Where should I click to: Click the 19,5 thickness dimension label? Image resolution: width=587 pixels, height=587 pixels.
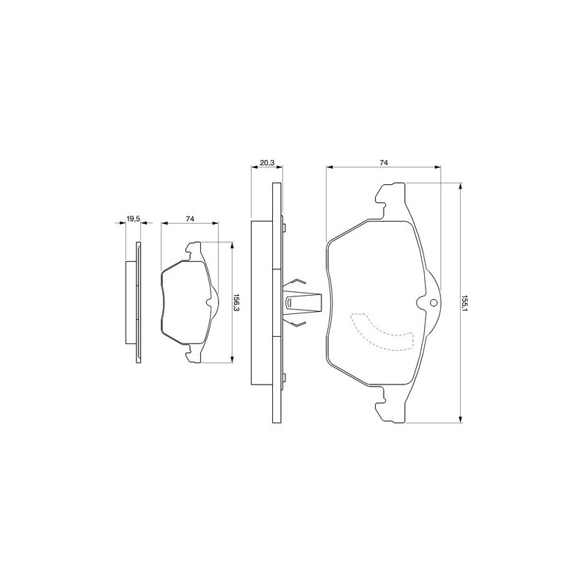133,219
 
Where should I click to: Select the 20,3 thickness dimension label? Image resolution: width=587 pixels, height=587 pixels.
267,162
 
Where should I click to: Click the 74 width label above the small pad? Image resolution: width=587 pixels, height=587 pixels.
190,219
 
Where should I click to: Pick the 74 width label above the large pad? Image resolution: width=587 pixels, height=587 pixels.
383,162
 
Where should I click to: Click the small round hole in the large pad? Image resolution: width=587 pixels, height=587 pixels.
434,303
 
